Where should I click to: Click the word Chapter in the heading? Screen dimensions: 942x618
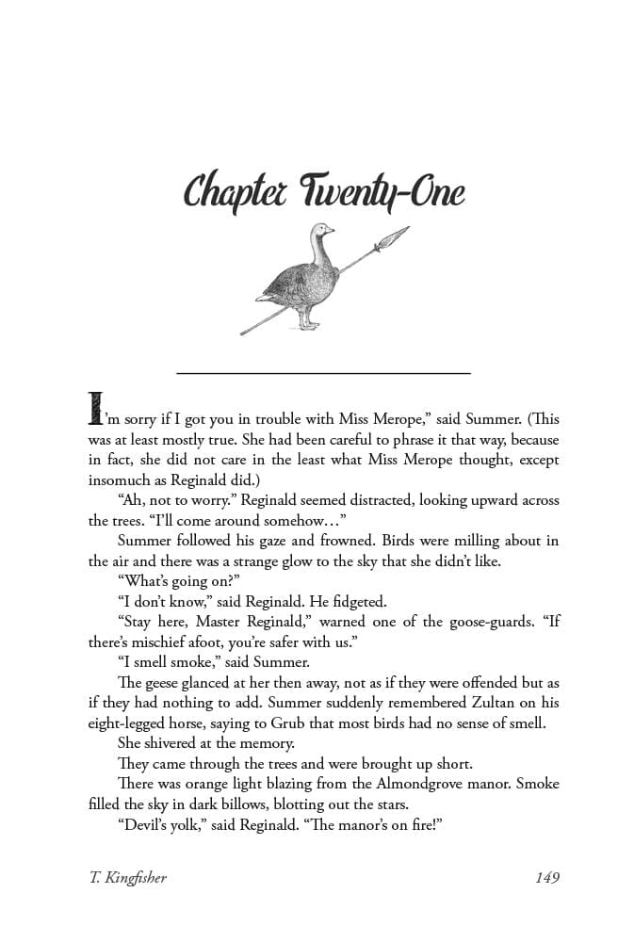click(x=235, y=191)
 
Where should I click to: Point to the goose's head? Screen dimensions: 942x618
click(x=322, y=231)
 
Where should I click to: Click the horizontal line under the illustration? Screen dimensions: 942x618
click(x=323, y=374)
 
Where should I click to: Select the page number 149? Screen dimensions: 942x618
click(x=546, y=877)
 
